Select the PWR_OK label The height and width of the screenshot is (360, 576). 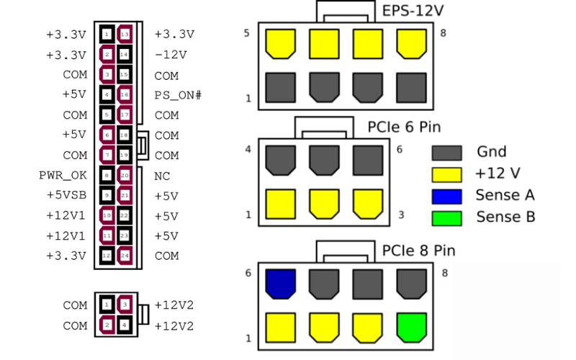pyautogui.click(x=63, y=175)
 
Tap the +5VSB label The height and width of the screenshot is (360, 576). pyautogui.click(x=66, y=195)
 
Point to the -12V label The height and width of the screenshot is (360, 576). pyautogui.click(x=171, y=54)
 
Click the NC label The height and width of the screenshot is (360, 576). pyautogui.click(x=161, y=175)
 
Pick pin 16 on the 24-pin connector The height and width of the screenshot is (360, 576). pyautogui.click(x=125, y=94)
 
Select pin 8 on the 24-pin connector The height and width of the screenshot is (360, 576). pyautogui.click(x=107, y=175)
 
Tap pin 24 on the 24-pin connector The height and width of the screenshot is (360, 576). pyautogui.click(x=125, y=256)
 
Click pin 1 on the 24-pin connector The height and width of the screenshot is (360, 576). pyautogui.click(x=107, y=34)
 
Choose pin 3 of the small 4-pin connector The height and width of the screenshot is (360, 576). pyautogui.click(x=125, y=306)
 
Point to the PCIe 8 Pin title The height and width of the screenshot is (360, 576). pyautogui.click(x=418, y=251)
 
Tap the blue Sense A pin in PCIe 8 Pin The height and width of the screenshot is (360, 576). pyautogui.click(x=279, y=284)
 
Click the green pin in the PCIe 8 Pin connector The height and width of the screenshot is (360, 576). pyautogui.click(x=410, y=328)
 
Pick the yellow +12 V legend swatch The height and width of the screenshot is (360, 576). pyautogui.click(x=446, y=174)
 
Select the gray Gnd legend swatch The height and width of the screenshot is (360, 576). pyautogui.click(x=446, y=152)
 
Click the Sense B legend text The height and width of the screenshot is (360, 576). pyautogui.click(x=505, y=217)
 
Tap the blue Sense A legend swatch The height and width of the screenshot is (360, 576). pyautogui.click(x=446, y=195)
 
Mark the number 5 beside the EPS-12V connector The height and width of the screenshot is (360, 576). pyautogui.click(x=248, y=33)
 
